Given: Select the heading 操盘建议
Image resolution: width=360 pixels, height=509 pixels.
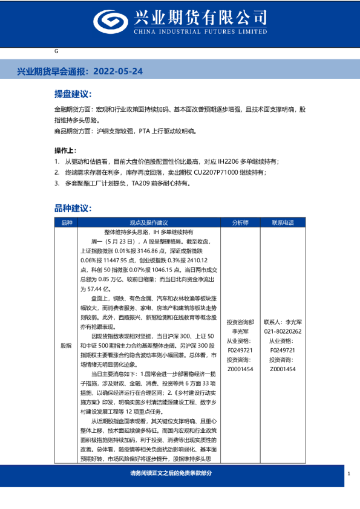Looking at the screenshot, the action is tap(72, 94).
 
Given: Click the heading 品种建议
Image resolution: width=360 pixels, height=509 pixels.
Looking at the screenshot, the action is tap(72, 208).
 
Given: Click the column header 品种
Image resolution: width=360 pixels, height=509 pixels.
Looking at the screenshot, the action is tap(66, 222).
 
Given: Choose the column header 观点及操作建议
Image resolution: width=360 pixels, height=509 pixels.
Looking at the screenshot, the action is tap(148, 222).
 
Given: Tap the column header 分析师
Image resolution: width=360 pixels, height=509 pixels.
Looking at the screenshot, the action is tap(240, 222).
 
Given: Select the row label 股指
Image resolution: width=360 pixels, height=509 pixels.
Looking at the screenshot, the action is tap(66, 345).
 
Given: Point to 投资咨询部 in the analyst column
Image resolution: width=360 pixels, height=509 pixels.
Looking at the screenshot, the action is tap(240, 322).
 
